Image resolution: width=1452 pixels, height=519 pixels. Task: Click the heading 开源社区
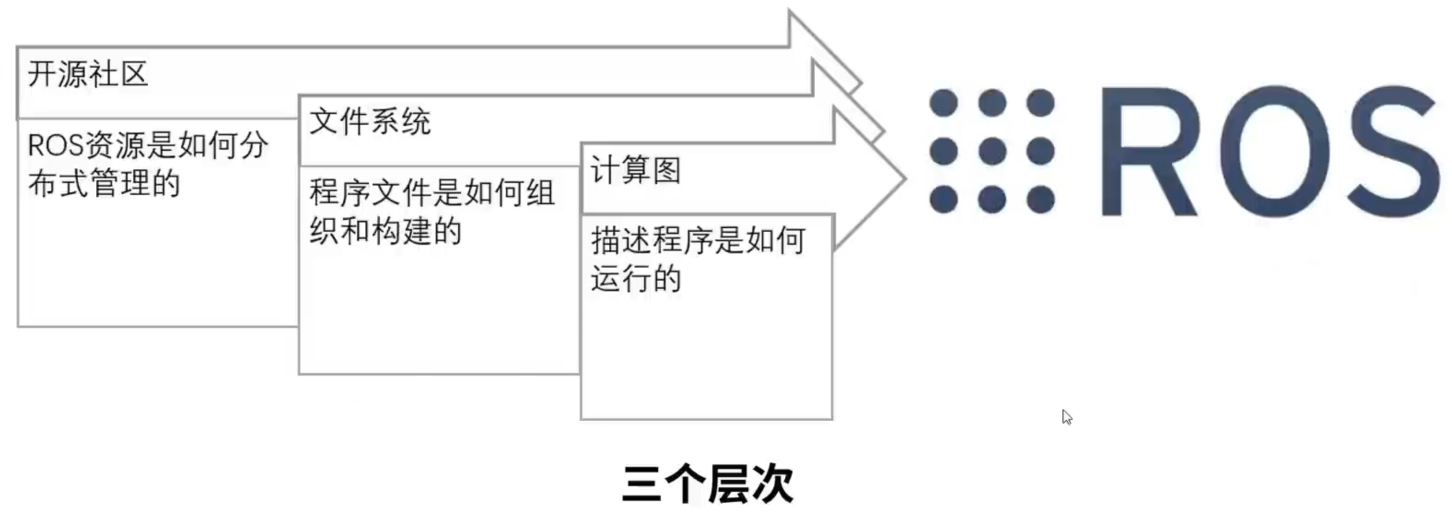pos(88,74)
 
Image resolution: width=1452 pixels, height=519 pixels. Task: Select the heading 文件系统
pos(370,121)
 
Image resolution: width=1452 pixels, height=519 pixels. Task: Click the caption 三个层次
pos(708,484)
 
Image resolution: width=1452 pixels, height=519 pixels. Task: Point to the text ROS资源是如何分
pos(148,146)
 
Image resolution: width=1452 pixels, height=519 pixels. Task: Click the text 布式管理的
pos(104,184)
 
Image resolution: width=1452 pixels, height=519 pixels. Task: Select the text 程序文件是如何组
pos(432,193)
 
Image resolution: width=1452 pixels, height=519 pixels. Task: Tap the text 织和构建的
pos(385,231)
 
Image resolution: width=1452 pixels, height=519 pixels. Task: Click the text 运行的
pos(636,279)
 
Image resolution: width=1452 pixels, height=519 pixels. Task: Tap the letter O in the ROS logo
pos(1275,151)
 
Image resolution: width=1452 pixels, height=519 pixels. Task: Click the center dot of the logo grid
pos(992,151)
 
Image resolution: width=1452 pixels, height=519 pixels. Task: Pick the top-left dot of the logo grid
pos(944,103)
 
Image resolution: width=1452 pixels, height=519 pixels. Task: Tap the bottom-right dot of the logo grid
pos(1040,200)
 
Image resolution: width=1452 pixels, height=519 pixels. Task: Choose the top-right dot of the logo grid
pos(1040,103)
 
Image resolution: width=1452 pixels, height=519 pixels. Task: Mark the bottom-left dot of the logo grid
pos(944,200)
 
